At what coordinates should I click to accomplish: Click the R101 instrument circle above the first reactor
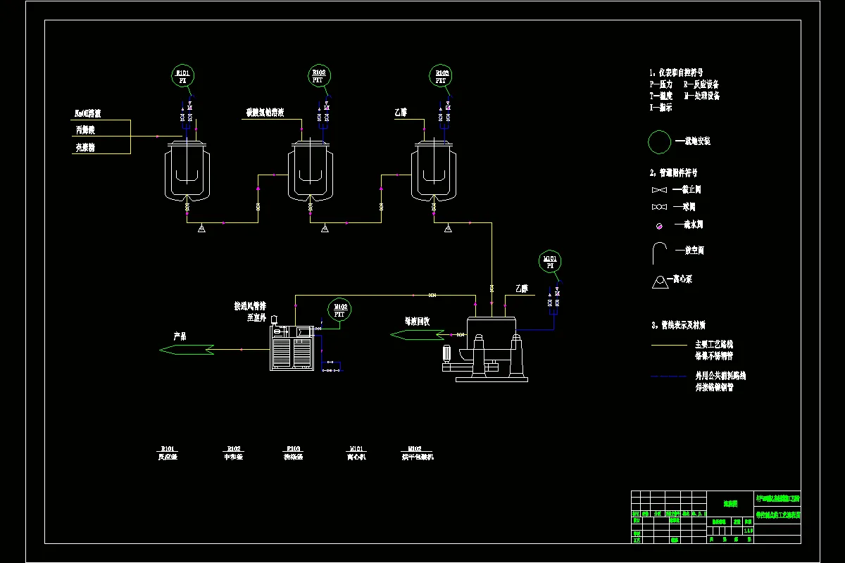pos(183,76)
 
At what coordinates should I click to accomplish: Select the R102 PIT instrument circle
pos(319,76)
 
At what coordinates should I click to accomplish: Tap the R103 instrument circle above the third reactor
pos(442,76)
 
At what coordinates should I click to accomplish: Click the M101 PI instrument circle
pos(551,261)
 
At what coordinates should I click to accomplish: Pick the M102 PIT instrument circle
pos(339,310)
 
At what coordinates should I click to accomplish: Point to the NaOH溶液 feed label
pos(88,113)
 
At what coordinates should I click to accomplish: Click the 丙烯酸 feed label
pos(84,130)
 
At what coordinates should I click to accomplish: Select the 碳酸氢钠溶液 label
pos(265,113)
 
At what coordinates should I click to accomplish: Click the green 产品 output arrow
pos(187,349)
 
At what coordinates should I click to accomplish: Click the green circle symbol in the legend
pos(660,141)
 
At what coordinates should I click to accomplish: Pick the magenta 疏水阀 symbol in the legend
pos(659,226)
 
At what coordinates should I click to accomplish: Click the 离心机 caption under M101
pos(356,457)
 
